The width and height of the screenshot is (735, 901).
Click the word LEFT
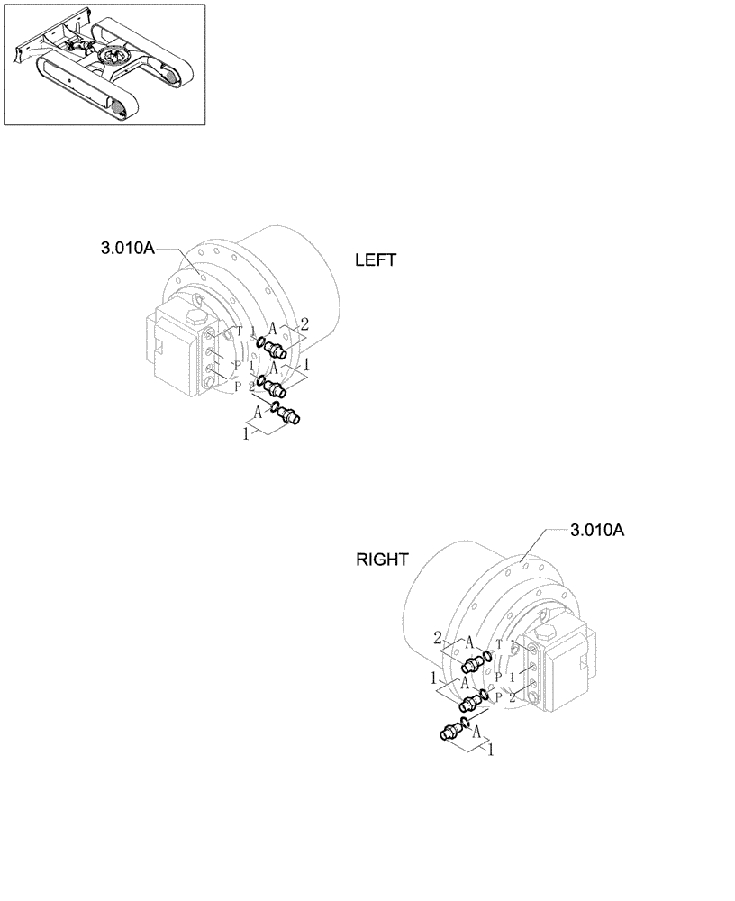[376, 260]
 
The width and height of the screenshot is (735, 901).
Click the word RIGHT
[383, 560]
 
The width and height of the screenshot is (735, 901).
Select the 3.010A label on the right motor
[597, 531]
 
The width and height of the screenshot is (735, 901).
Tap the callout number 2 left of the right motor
[438, 637]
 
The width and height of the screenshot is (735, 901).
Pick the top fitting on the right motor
[474, 664]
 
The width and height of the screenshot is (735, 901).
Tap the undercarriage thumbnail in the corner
[104, 65]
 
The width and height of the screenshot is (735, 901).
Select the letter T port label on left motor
[239, 331]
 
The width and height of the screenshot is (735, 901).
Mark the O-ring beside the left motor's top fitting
[259, 341]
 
